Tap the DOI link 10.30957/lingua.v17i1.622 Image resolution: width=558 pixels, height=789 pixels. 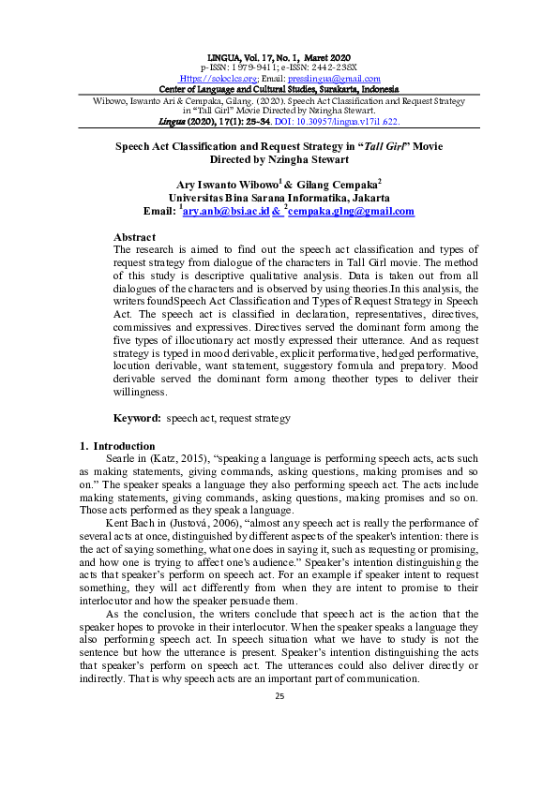click(346, 122)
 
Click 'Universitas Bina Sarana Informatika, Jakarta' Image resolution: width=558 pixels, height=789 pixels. click(279, 199)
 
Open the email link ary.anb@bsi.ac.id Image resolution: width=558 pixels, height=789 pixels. click(226, 213)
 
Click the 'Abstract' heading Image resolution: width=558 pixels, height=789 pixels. click(134, 237)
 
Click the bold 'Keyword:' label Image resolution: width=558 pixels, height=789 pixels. click(137, 417)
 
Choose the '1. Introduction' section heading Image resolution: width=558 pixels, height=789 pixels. click(116, 446)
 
